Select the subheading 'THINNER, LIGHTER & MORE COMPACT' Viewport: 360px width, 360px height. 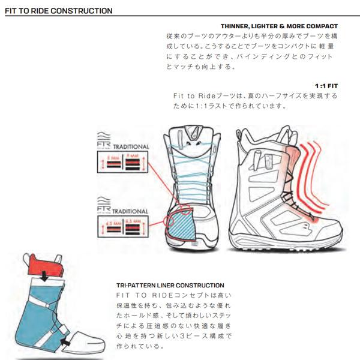[x=279, y=26]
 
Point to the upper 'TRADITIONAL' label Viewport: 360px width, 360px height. [x=130, y=146]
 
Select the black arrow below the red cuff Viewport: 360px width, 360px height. [x=45, y=277]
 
